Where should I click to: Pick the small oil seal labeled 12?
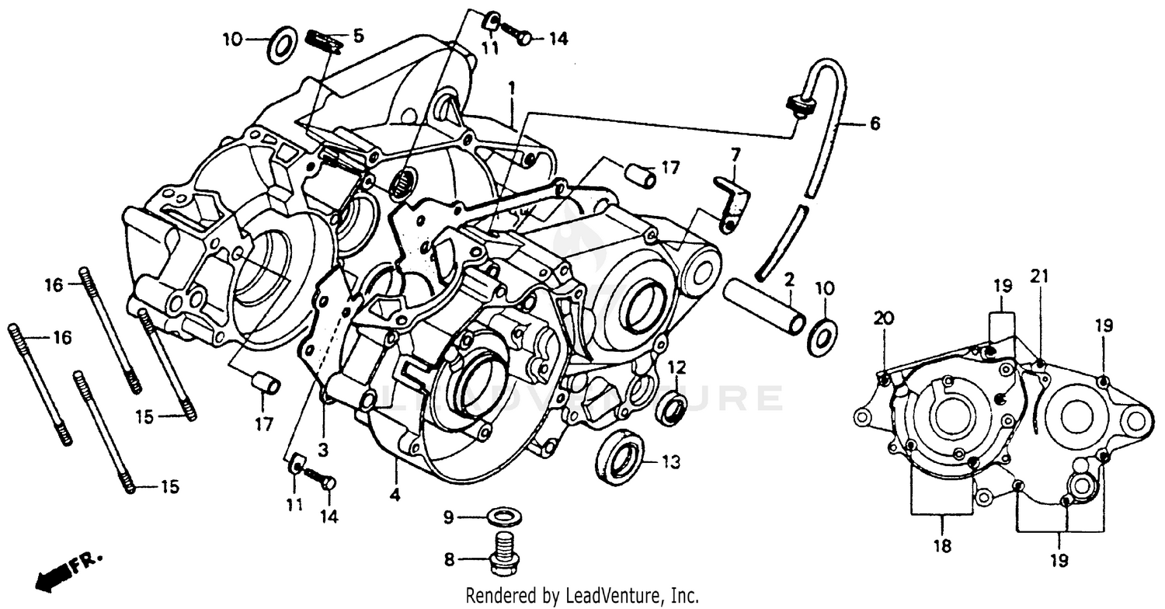pyautogui.click(x=670, y=409)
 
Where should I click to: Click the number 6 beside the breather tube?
pyautogui.click(x=875, y=124)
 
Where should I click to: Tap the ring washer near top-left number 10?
pyautogui.click(x=281, y=45)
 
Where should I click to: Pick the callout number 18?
pyautogui.click(x=941, y=547)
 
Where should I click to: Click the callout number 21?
pyautogui.click(x=1039, y=276)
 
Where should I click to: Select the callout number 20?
pyautogui.click(x=882, y=317)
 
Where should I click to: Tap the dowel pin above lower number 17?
pyautogui.click(x=266, y=383)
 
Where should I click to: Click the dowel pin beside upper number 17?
pyautogui.click(x=642, y=176)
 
